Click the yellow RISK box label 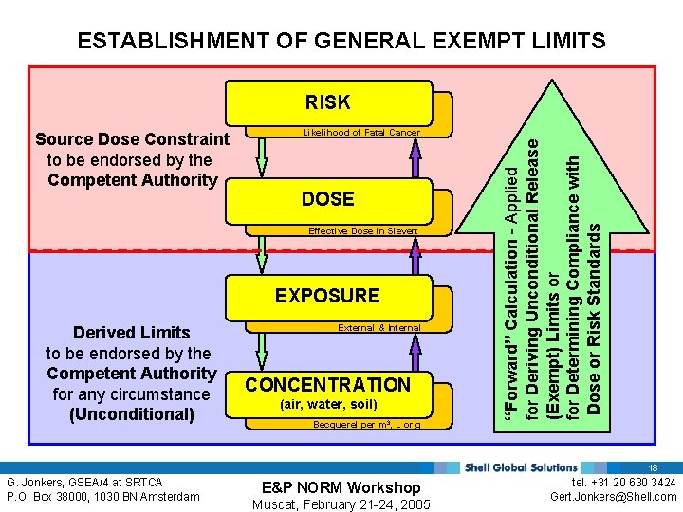327,102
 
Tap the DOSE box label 327,199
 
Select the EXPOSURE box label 327,296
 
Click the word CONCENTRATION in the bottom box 327,385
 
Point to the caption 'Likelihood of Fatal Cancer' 360,133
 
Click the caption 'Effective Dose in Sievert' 364,230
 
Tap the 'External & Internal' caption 379,327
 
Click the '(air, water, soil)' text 328,405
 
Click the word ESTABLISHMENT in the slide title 171,41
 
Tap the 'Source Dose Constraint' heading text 132,139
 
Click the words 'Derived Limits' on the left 132,332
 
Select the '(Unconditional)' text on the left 132,414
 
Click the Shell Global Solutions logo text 521,466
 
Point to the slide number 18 653,467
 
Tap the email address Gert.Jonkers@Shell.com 626,496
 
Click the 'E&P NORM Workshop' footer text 341,487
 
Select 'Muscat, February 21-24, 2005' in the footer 341,504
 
